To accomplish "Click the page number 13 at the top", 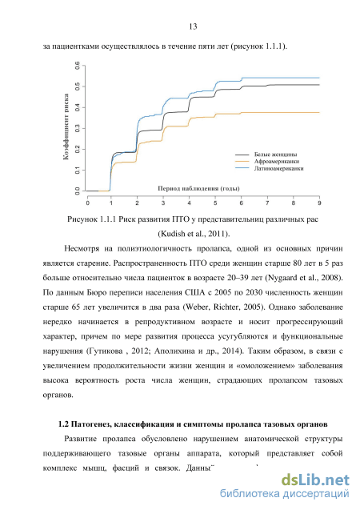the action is tap(193, 26).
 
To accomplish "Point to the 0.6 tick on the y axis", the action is tap(78, 66).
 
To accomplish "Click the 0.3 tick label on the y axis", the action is tap(78, 128).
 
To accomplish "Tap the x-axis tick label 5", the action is tap(215, 203).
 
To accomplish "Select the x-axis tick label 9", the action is tap(319, 203).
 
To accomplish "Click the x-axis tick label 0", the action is tap(88, 203).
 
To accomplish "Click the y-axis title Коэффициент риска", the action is tap(66, 126).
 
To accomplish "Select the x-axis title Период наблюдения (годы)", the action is tap(199, 188).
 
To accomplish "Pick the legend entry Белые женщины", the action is tap(275, 155).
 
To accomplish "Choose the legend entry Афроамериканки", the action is tap(277, 162).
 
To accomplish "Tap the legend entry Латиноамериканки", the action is tap(278, 168).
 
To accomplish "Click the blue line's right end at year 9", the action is tap(319, 78).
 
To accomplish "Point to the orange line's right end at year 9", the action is tap(319, 113).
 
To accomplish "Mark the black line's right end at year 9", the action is tap(319, 85).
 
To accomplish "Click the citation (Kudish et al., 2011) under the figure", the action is tap(194, 234).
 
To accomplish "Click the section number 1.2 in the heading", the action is tap(63, 424).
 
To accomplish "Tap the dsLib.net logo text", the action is tap(315, 480).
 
